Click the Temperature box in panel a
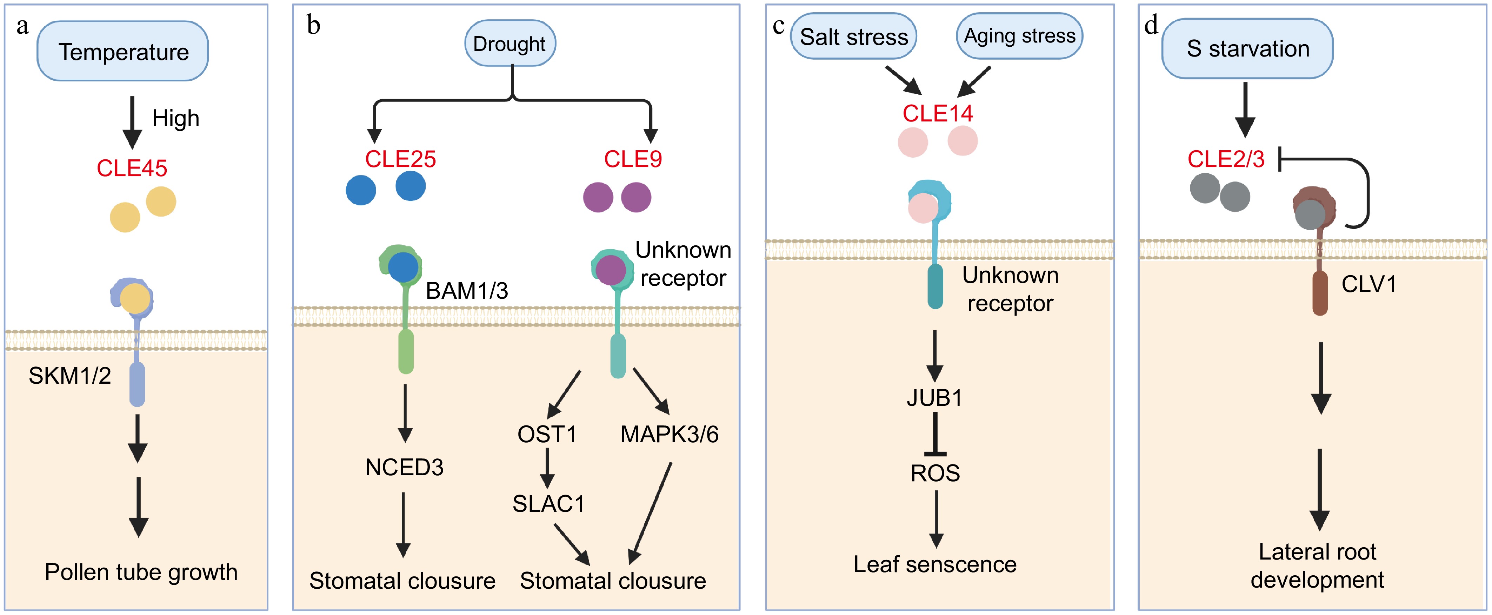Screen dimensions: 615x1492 pyautogui.click(x=123, y=52)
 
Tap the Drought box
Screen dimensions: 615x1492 pyautogui.click(x=510, y=44)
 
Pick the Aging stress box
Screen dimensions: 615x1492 pyautogui.click(x=1019, y=36)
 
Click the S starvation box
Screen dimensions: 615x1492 pyautogui.click(x=1247, y=49)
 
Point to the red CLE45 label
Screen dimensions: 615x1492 pyautogui.click(x=132, y=168)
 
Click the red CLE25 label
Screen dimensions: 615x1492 pyautogui.click(x=400, y=159)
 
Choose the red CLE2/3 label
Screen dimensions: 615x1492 pyautogui.click(x=1226, y=159)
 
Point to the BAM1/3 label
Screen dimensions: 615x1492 pyautogui.click(x=466, y=290)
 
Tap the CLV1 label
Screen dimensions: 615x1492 pyautogui.click(x=1368, y=284)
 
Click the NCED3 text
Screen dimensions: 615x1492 pyautogui.click(x=404, y=467)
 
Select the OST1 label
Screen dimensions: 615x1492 pyautogui.click(x=547, y=434)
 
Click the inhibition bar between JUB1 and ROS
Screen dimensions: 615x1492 pyautogui.click(x=935, y=435)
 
